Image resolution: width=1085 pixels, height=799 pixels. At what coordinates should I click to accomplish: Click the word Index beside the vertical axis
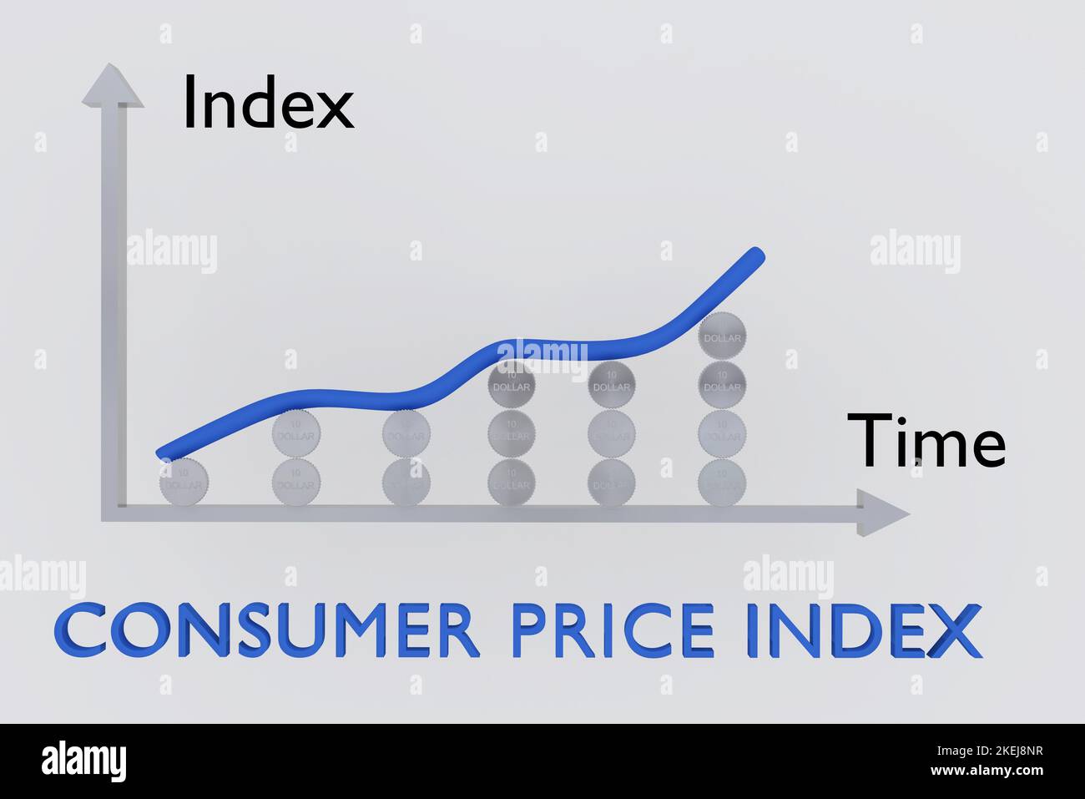(x=268, y=104)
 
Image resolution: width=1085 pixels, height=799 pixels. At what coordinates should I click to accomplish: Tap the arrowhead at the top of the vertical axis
(x=112, y=86)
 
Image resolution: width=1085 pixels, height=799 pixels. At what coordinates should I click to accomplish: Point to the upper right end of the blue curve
(x=755, y=255)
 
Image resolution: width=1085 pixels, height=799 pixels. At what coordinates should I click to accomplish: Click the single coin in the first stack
(x=184, y=482)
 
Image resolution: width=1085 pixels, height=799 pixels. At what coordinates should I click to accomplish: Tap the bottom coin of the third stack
(x=406, y=482)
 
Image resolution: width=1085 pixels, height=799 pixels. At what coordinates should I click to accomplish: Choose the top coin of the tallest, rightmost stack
(x=723, y=336)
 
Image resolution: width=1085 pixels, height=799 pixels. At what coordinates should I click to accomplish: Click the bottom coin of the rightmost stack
(x=723, y=482)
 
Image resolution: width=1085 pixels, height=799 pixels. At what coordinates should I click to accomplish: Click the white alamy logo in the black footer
(x=83, y=761)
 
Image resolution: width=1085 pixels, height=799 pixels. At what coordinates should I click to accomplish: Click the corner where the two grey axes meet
(x=114, y=513)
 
